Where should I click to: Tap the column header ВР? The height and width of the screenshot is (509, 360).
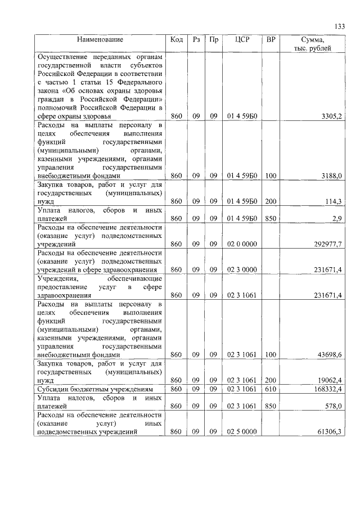pos(271,40)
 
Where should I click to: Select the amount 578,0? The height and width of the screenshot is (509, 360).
pos(333,406)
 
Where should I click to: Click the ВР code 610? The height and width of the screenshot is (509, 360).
pos(271,389)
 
